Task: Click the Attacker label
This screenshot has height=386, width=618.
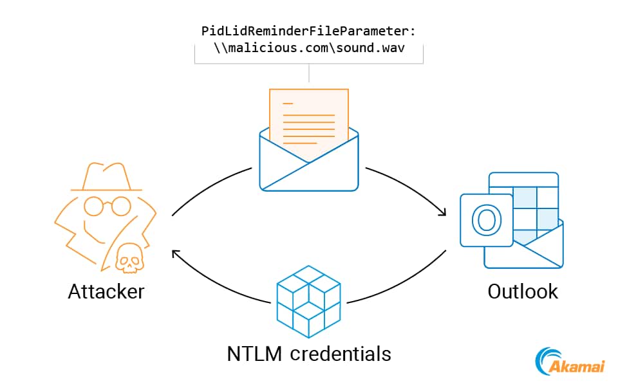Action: pyautogui.click(x=106, y=291)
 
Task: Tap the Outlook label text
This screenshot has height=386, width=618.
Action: pyautogui.click(x=523, y=291)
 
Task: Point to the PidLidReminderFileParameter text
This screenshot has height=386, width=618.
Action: pyautogui.click(x=309, y=31)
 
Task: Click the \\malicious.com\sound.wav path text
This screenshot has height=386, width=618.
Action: pyautogui.click(x=309, y=48)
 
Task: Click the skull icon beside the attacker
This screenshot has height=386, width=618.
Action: pyautogui.click(x=129, y=259)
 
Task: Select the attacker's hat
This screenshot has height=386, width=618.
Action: pyautogui.click(x=106, y=177)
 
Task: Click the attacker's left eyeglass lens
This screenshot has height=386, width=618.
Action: pyautogui.click(x=93, y=206)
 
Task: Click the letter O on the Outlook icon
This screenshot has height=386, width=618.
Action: pyautogui.click(x=486, y=220)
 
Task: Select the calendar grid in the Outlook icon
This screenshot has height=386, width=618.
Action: pyautogui.click(x=534, y=199)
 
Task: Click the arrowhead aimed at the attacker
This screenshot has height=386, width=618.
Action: pyautogui.click(x=175, y=253)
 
